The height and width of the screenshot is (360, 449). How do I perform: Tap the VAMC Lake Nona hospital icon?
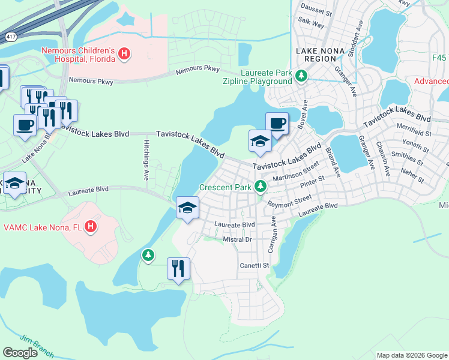tap(90, 227)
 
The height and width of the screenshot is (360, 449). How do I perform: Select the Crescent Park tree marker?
tap(260, 187)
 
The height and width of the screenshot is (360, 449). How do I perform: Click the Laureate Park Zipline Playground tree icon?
tap(301, 76)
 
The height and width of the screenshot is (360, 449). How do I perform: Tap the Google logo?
tap(20, 353)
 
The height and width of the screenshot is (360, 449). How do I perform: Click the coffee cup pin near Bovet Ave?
tap(277, 124)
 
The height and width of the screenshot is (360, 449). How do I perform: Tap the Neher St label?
tap(412, 178)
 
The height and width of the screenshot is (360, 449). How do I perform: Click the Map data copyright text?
tap(411, 355)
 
